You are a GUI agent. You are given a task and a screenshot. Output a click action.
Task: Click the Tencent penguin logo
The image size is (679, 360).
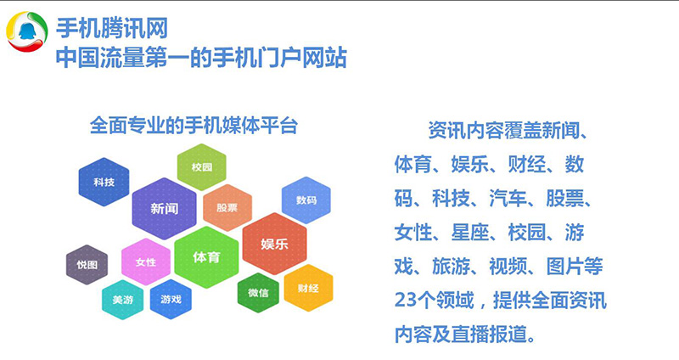[x=26, y=31]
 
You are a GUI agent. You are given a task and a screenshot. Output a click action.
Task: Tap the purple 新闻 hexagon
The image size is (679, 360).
[x=164, y=208]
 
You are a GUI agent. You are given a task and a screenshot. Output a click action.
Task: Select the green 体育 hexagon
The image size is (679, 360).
[x=206, y=257]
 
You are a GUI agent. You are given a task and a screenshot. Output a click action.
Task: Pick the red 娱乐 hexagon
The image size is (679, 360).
[x=274, y=244]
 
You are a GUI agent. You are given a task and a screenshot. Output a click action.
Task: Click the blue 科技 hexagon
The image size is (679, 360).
[x=104, y=182]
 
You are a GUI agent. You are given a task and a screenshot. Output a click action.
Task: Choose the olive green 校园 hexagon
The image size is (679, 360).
[x=202, y=167]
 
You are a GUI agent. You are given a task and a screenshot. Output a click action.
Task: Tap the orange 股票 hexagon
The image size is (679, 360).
[x=227, y=207]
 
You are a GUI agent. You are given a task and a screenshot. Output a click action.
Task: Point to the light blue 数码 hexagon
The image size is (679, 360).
[x=306, y=200]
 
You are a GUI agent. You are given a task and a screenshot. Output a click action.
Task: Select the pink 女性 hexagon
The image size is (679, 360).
[x=146, y=262]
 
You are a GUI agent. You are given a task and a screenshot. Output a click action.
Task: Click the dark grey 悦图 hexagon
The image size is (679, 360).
[x=87, y=265]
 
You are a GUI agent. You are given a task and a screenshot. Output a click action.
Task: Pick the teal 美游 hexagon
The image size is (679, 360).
[x=123, y=300]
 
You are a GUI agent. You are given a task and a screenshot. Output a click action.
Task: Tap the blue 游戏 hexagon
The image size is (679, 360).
[x=171, y=299]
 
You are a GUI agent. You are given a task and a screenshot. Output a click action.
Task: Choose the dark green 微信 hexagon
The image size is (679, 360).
[x=258, y=293]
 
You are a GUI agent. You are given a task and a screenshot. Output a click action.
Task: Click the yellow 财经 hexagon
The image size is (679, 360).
[x=308, y=288]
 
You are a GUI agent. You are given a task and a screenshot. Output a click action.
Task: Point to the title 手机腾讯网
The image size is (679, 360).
[x=112, y=29]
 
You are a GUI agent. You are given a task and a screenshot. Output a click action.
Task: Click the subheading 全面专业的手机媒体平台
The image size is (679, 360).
[x=194, y=126]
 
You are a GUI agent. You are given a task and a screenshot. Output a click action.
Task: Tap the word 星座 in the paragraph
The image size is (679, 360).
[x=470, y=233]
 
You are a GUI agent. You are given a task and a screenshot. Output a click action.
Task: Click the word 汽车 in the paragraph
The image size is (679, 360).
[x=508, y=199]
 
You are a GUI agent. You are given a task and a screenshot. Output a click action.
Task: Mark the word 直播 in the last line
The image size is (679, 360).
[x=470, y=334]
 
